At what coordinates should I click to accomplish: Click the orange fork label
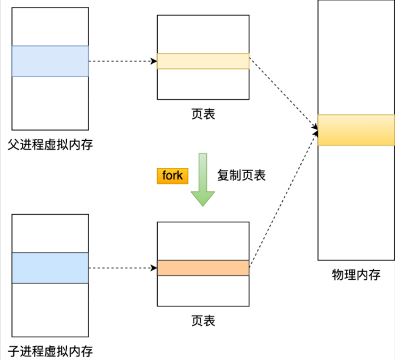[172, 176]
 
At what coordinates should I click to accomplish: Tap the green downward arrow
[203, 179]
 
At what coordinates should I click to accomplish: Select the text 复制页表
[241, 176]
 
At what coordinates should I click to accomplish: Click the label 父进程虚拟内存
[50, 145]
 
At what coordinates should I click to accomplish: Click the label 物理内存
[356, 275]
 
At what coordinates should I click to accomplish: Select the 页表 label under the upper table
[203, 115]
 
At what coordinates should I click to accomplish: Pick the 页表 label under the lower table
[203, 321]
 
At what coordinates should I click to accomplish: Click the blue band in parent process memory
[50, 61]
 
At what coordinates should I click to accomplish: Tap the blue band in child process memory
[50, 268]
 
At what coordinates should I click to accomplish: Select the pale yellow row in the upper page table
[203, 61]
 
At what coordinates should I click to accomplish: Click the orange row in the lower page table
[203, 268]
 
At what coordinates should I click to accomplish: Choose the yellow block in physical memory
[356, 130]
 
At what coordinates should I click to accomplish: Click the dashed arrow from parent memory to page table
[122, 61]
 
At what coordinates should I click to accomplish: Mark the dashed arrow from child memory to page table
[122, 268]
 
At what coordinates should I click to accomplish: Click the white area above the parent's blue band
[50, 27]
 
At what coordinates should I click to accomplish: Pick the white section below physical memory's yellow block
[356, 202]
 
